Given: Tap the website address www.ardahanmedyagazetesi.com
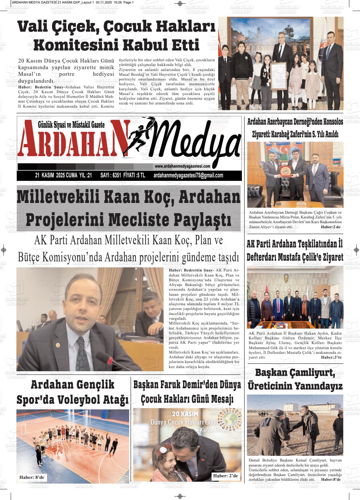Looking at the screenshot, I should tap(183, 166).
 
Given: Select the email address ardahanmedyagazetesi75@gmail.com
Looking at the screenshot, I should tap(188, 176).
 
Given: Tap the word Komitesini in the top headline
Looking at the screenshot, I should tap(75, 45).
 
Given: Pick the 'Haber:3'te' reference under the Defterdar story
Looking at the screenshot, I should tap(331, 357).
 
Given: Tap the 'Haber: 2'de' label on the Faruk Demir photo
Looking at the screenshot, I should tap(225, 476).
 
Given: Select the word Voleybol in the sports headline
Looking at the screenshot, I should tap(79, 400).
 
